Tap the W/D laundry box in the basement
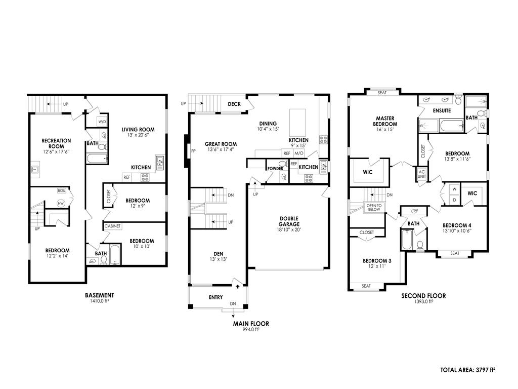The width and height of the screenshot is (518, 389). click(102, 122)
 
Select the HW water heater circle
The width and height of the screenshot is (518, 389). click(61, 203)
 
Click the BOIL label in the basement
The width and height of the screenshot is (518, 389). click(61, 190)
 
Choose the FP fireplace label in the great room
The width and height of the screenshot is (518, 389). click(193, 151)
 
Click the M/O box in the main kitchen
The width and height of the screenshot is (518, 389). click(298, 153)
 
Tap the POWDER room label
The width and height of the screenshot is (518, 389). click(275, 168)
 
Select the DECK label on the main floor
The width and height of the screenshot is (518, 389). click(234, 104)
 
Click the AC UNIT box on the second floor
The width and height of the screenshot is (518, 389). click(422, 173)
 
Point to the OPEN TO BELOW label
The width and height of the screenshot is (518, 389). click(374, 207)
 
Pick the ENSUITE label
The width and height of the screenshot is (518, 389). click(442, 110)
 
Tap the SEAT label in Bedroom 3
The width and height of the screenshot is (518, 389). click(366, 286)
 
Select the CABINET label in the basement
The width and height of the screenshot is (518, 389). click(112, 226)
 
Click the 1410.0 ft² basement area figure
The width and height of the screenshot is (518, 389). click(100, 301)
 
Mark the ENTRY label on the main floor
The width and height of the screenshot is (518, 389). click(215, 297)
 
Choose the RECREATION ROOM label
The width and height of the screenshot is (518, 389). click(56, 143)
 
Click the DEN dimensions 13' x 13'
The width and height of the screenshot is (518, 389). click(218, 259)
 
